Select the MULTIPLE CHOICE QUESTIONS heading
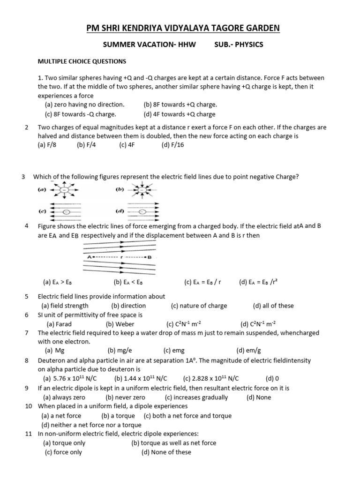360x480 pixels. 82,61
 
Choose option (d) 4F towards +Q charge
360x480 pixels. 180,114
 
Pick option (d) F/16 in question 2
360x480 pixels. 172,145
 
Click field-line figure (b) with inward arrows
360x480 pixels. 139,190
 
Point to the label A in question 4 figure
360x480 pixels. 89,257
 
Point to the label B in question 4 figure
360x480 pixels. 150,257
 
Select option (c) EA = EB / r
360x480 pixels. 202,282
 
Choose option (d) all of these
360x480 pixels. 273,306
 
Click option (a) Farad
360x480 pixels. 59,324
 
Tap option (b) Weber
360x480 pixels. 120,324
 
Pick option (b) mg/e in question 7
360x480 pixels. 118,350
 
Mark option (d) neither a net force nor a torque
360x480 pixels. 91,425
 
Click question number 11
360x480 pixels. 28,434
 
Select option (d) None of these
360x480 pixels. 166,452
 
